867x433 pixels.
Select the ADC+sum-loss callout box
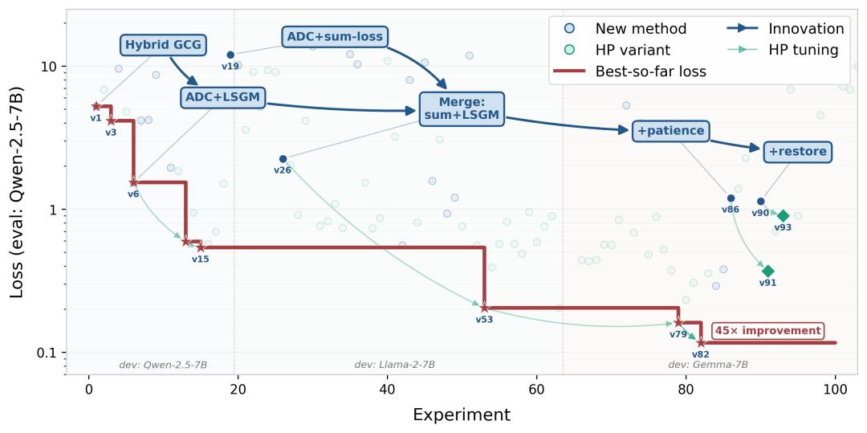335,36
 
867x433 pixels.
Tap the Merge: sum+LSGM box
462,108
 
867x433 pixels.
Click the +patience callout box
670,130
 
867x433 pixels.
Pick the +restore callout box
797,151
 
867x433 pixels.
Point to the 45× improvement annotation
767,331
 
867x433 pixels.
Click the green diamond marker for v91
768,271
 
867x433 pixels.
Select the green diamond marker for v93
783,215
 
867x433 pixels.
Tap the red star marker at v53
484,308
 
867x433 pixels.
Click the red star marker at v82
701,342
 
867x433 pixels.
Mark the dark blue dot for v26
283,159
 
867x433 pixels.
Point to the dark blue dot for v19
230,55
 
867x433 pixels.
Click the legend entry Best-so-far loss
650,71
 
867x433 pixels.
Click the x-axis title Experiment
461,415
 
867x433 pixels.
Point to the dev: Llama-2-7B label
394,365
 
